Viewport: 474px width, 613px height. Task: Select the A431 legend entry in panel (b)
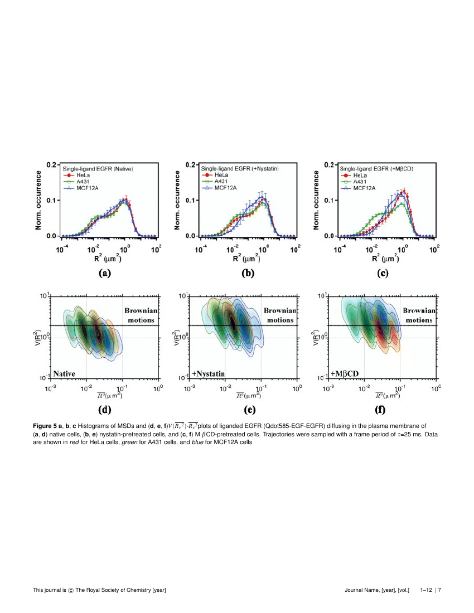click(x=221, y=182)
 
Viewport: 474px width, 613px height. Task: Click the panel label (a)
click(x=105, y=273)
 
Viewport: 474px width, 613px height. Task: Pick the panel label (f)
click(x=380, y=411)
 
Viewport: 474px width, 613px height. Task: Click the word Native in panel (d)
click(x=65, y=373)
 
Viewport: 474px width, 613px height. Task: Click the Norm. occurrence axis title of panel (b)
click(x=177, y=200)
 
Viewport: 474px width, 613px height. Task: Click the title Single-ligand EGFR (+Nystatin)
click(x=240, y=168)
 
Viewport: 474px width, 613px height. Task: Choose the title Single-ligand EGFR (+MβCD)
click(x=379, y=168)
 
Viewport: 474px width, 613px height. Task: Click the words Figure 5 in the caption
click(x=47, y=426)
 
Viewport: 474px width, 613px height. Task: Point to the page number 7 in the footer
click(x=439, y=590)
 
